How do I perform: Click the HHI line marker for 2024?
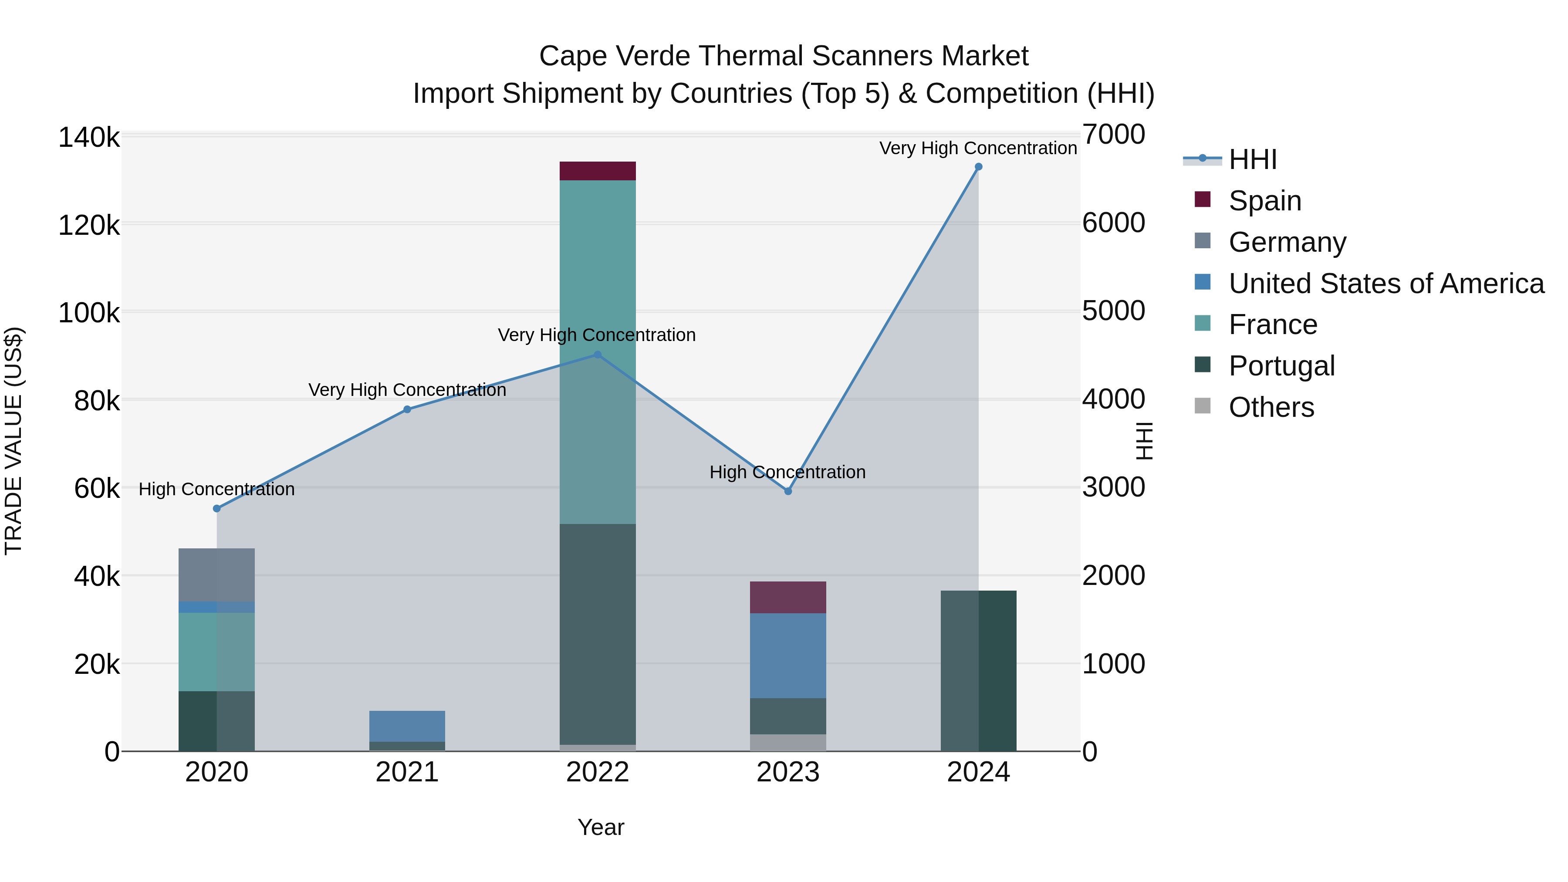click(x=978, y=167)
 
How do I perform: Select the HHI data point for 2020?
click(x=217, y=508)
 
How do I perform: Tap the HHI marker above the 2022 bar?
click(x=597, y=355)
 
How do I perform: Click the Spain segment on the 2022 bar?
click(x=597, y=171)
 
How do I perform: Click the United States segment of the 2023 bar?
click(x=787, y=656)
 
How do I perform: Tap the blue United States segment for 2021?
click(x=407, y=726)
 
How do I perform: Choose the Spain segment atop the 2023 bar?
click(x=787, y=597)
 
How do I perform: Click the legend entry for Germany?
click(x=1287, y=242)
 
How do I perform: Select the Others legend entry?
click(x=1271, y=407)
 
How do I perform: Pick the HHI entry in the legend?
click(x=1252, y=159)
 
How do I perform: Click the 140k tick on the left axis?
click(x=89, y=138)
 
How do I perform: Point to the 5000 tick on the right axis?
click(x=1113, y=311)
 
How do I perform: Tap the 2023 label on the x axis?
click(x=787, y=772)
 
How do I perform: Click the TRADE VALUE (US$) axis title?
click(x=14, y=441)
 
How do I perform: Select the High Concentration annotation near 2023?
click(x=787, y=472)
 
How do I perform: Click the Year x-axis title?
click(x=600, y=827)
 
